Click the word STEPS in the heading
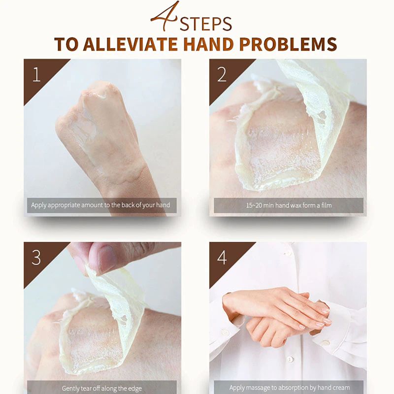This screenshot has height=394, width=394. click(205, 24)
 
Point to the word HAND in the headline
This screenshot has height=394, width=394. click(208, 44)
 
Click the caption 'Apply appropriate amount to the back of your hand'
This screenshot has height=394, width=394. click(100, 205)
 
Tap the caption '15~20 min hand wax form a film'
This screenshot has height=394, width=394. click(289, 205)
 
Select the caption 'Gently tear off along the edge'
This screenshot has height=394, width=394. click(102, 389)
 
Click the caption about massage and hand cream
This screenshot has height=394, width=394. click(290, 388)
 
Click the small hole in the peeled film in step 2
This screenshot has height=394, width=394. click(322, 116)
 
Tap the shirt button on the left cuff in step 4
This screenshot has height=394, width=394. click(225, 333)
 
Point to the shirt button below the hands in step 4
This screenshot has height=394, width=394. click(290, 360)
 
